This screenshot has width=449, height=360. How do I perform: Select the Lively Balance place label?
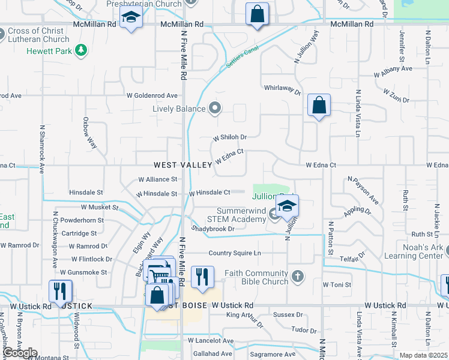[178, 109]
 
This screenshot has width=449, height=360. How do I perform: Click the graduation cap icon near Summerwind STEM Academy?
[288, 206]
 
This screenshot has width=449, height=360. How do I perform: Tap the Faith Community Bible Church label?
[256, 277]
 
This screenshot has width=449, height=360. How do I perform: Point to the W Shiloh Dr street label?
[230, 137]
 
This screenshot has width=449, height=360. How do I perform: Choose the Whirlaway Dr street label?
[282, 89]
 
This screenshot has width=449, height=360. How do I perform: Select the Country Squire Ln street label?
[235, 253]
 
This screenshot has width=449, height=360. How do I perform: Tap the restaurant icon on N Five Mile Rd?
[202, 277]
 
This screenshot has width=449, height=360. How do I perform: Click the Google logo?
[20, 353]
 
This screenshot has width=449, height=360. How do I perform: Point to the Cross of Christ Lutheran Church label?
[39, 35]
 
